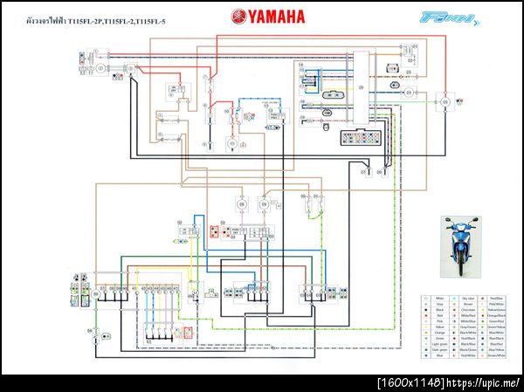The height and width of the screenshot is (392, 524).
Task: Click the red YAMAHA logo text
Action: tap(269, 15)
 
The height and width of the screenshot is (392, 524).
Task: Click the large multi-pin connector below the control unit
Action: tap(360, 137)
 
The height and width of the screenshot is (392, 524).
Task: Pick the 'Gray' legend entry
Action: tap(438, 305)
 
